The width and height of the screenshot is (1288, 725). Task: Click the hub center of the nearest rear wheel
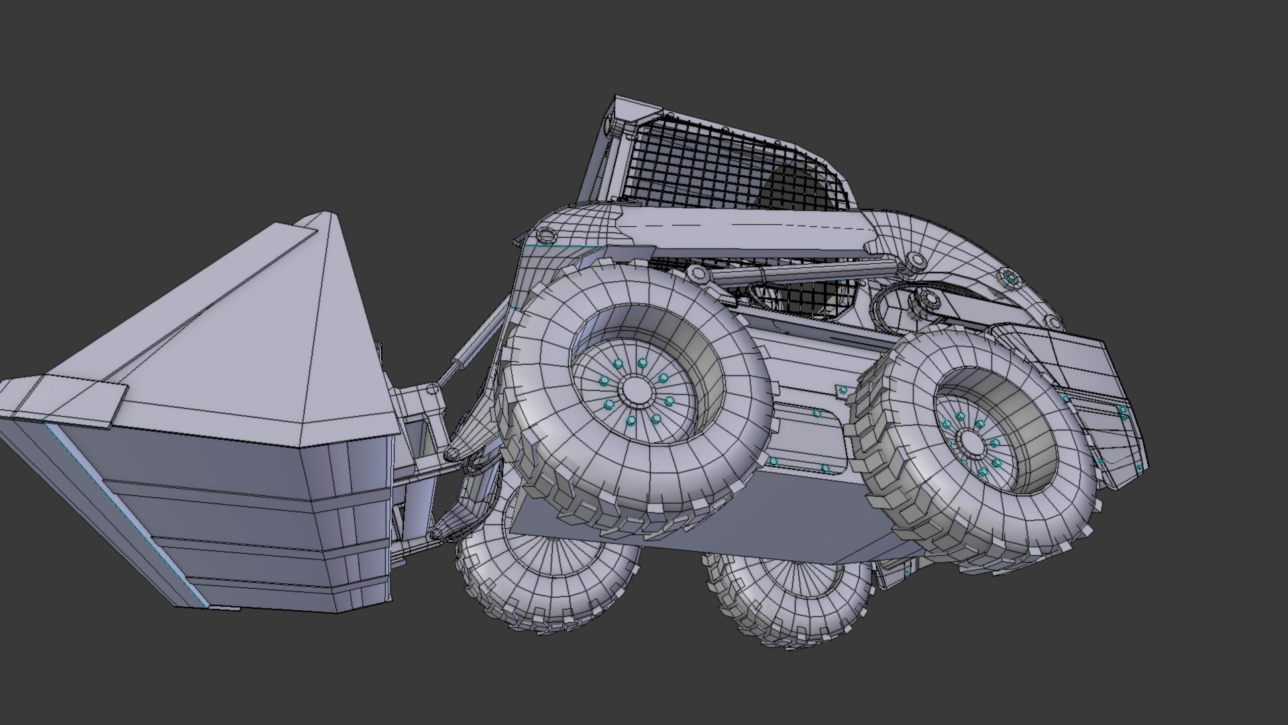(971, 442)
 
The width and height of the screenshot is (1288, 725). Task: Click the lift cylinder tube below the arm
(805, 273)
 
